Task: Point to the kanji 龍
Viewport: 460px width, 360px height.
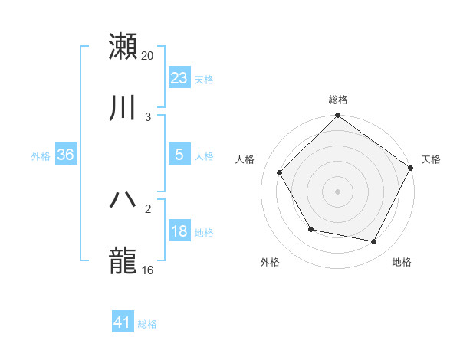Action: click(x=123, y=260)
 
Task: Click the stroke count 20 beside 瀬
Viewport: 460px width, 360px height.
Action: click(x=148, y=55)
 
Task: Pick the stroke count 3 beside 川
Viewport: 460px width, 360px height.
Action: click(x=148, y=116)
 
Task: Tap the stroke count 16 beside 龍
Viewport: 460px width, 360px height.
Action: click(x=148, y=270)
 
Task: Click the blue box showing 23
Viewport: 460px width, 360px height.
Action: click(x=179, y=78)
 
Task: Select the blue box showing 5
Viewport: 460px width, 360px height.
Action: click(x=179, y=155)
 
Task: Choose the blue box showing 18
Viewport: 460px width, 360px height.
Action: click(x=179, y=231)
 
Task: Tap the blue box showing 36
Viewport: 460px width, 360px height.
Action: click(x=66, y=155)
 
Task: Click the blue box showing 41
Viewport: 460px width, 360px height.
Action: click(x=123, y=322)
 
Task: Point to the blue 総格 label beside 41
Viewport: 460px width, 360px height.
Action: click(x=147, y=324)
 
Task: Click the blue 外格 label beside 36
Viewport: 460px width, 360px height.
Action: click(x=41, y=155)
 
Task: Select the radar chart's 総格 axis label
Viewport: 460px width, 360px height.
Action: click(x=338, y=100)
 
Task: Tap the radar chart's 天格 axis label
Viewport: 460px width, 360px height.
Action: click(x=431, y=159)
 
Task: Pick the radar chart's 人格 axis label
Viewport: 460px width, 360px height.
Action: click(x=245, y=159)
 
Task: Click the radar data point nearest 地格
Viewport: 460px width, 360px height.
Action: click(x=373, y=241)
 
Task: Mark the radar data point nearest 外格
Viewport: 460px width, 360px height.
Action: click(x=310, y=229)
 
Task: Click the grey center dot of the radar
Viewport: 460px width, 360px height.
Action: click(x=338, y=191)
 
